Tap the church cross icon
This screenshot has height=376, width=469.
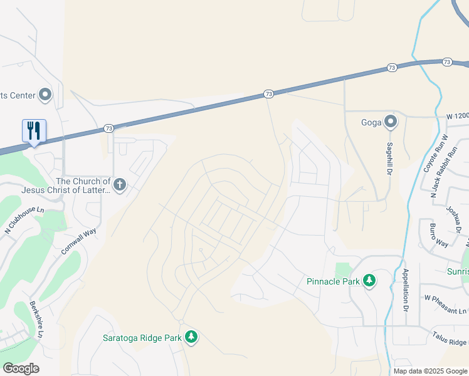click(119, 184)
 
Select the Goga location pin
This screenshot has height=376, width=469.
click(391, 122)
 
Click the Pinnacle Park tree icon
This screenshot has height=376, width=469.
click(369, 281)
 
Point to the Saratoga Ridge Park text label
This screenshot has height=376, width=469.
click(142, 338)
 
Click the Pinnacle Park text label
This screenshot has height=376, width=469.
click(333, 281)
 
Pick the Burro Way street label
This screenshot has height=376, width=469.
click(439, 234)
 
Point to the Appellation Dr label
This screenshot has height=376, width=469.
click(406, 290)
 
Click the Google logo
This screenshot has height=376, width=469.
click(21, 368)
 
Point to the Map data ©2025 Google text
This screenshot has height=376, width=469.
click(430, 371)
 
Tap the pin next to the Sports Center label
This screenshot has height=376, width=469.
click(45, 95)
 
